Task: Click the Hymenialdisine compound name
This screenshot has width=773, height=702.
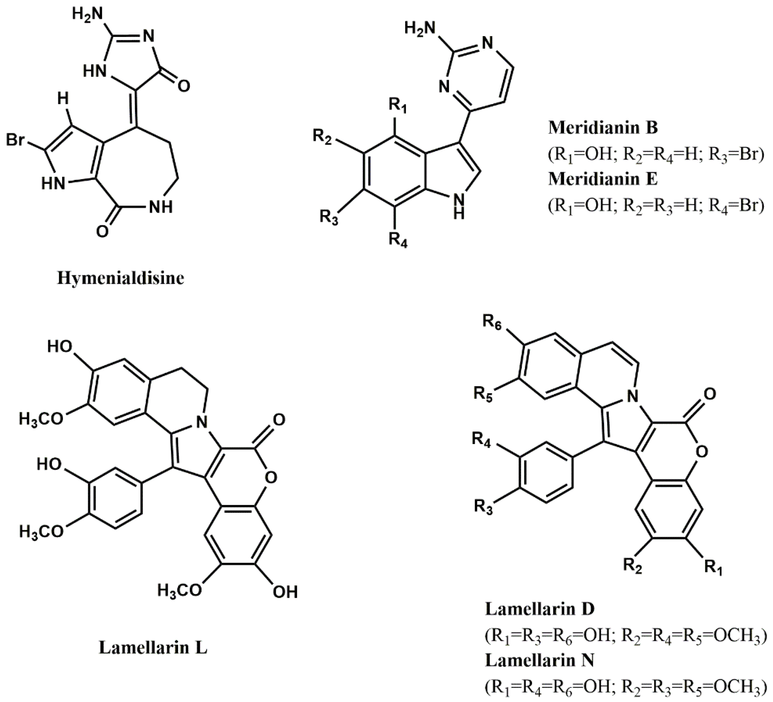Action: (x=120, y=278)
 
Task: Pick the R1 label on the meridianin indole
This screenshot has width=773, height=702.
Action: (x=398, y=105)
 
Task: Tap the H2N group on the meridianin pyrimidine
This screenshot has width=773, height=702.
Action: (x=420, y=28)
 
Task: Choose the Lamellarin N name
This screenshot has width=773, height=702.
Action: (x=540, y=661)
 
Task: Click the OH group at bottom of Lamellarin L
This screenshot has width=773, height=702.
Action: (x=285, y=593)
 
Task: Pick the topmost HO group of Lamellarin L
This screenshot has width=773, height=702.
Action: (x=60, y=347)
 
